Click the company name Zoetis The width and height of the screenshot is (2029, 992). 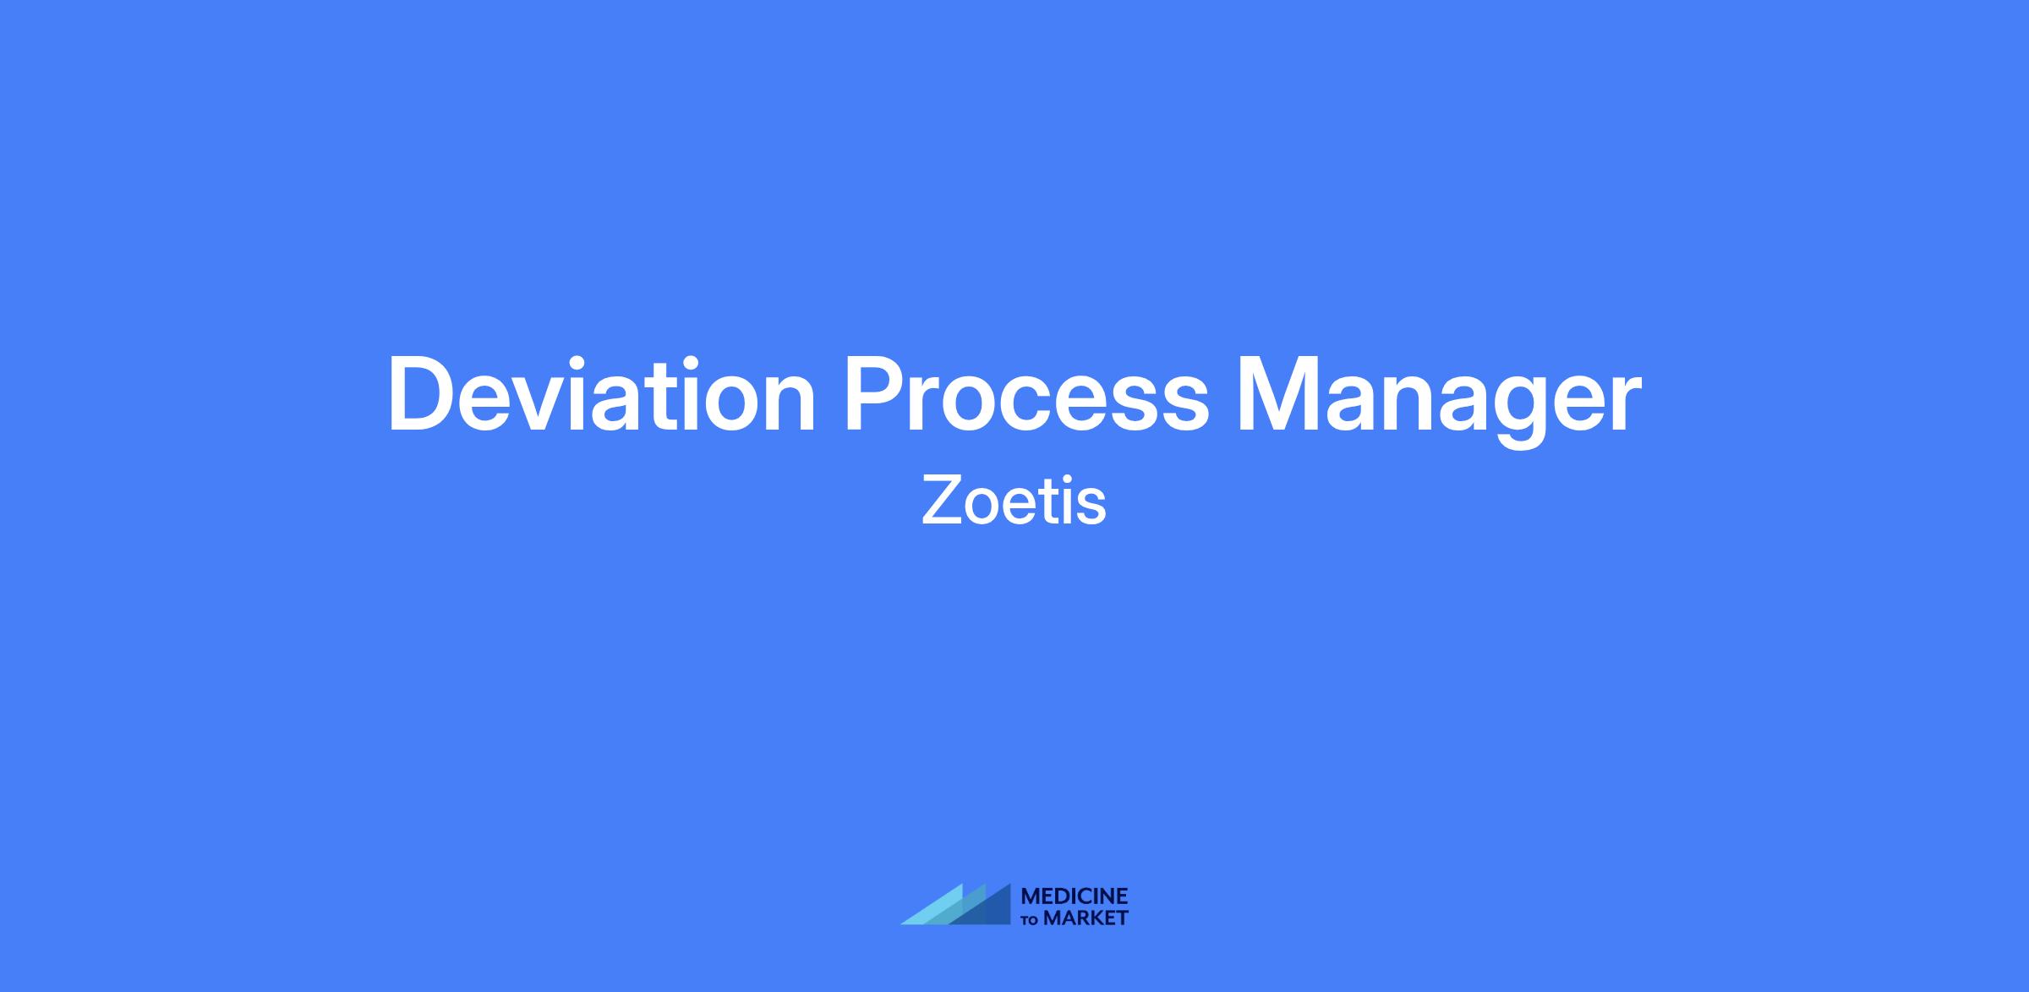[1014, 500]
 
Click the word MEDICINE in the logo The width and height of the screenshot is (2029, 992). [1075, 896]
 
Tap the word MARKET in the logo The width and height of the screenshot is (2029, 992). [1086, 918]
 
